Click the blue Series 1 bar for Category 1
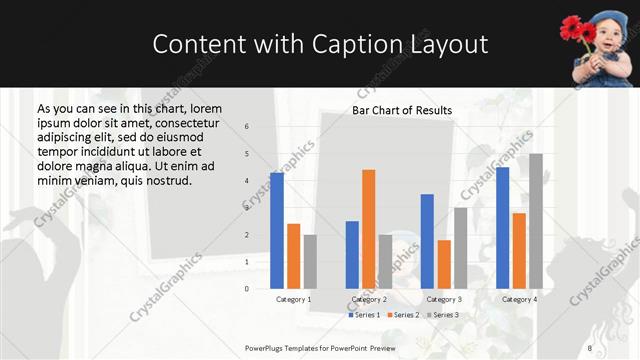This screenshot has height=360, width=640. [x=277, y=231]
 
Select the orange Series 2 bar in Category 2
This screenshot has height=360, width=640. [x=369, y=229]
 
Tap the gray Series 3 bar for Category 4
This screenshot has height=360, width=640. [x=536, y=221]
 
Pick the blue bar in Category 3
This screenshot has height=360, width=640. [x=427, y=241]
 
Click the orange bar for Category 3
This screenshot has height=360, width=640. [x=444, y=264]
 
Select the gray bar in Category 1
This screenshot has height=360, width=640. [x=310, y=262]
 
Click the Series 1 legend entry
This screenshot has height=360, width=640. [x=364, y=315]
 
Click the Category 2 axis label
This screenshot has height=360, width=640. [x=369, y=299]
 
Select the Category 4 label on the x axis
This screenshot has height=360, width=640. [x=519, y=299]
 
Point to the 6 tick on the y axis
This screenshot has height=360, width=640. [x=247, y=127]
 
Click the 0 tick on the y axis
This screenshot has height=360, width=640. [x=247, y=289]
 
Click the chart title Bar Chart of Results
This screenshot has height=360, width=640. [x=402, y=110]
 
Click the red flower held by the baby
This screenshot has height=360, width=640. [x=581, y=27]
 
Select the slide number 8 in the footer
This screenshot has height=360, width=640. [x=590, y=347]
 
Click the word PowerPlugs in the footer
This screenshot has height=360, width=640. [x=267, y=347]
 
